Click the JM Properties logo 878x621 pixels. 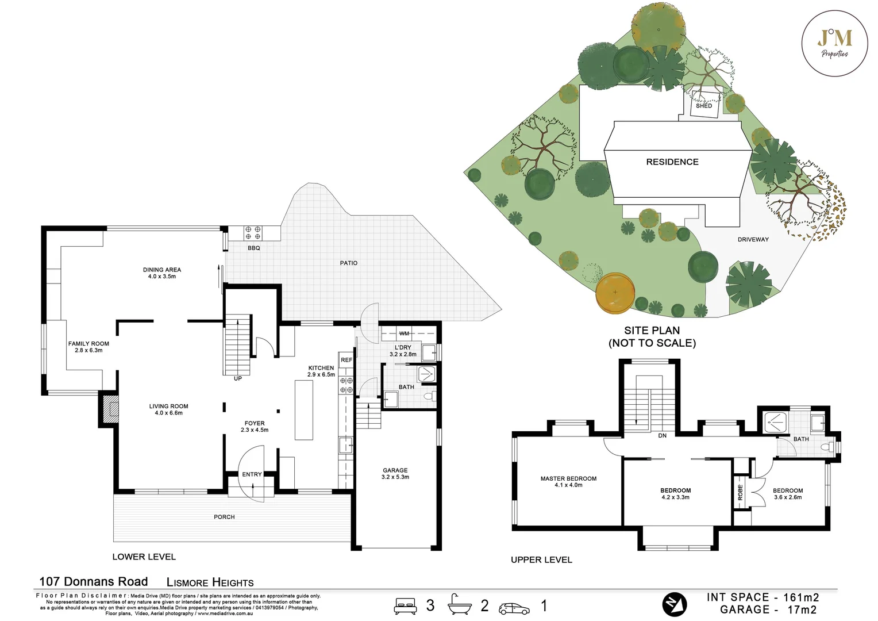pos(835,43)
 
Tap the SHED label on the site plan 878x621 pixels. pos(703,106)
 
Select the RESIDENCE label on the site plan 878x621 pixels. pos(672,162)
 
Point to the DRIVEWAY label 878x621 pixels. pos(753,239)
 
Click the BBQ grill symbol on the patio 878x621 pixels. pos(253,232)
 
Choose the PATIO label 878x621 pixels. pos(348,263)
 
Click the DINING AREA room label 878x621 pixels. pos(161,273)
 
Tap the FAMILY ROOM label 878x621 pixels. pos(88,347)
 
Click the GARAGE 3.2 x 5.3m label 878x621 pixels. pos(395,473)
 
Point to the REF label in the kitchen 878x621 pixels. pos(346,360)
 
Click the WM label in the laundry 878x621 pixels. pos(404,333)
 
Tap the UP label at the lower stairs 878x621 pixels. pos(237,378)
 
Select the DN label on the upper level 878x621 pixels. pos(662,436)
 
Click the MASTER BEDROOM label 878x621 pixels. pos(568,481)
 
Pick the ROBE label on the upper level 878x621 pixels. pos(740,492)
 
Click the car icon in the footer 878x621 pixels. pos(514,608)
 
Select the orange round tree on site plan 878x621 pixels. pos(615,292)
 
